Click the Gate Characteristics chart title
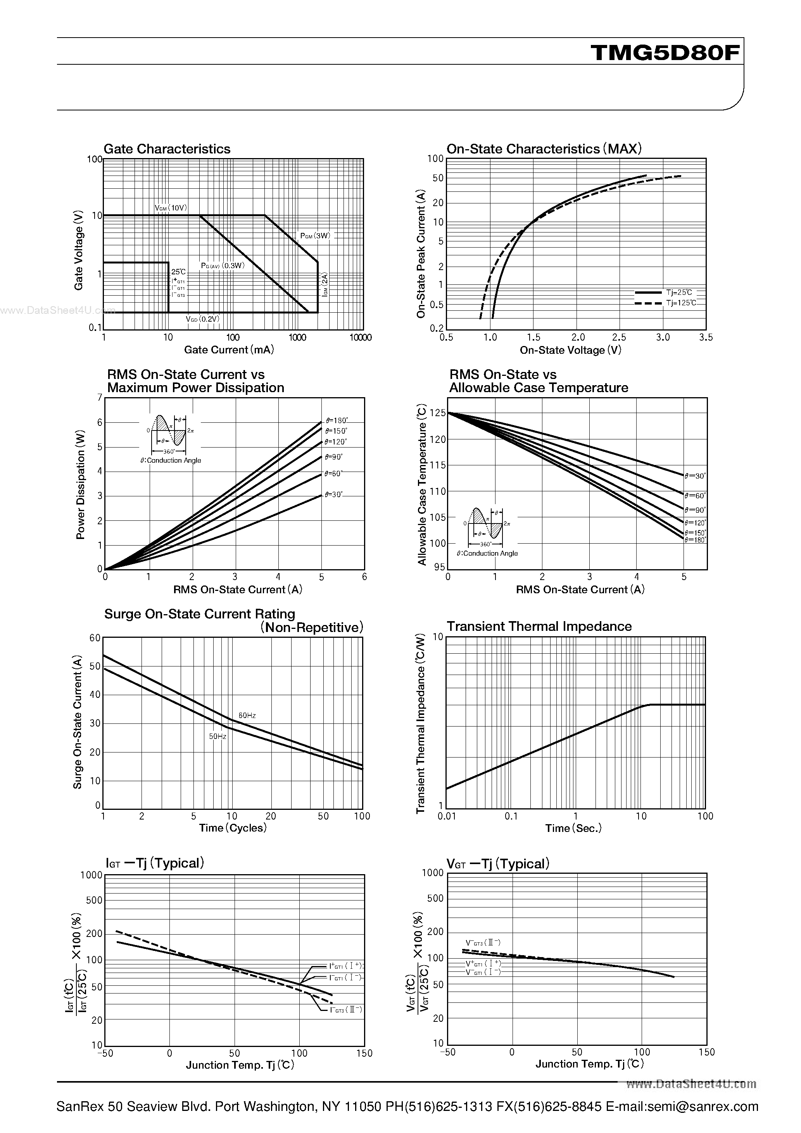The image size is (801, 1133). pos(167,149)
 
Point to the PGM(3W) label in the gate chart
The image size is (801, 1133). pos(315,236)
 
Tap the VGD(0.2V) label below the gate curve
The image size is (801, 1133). pos(202,319)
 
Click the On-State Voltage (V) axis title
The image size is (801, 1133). pos(570,350)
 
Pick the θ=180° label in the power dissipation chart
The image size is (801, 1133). pos(337,421)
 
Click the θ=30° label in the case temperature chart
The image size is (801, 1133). pos(695,476)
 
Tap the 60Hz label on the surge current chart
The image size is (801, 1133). pos(247,716)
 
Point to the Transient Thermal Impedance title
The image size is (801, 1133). pos(539,626)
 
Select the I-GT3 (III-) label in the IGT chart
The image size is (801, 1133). pos(346,1010)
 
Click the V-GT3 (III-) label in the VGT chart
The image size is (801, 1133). pos(483,942)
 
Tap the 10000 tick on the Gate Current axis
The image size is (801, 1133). pos(361,337)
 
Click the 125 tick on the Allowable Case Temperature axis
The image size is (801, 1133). pos(438,413)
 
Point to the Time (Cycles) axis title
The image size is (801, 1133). pos(233,828)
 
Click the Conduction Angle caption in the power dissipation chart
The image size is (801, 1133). pos(171,460)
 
